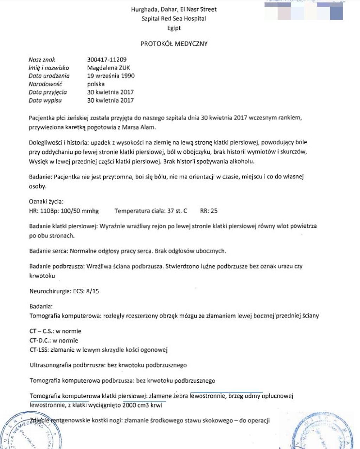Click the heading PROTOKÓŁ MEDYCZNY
pos(174,44)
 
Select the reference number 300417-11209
pos(107,60)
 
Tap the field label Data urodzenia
pos(49,76)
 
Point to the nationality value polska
pos(96,84)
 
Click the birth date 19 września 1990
pos(111,76)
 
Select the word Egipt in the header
pos(174,28)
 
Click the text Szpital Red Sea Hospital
pos(174,19)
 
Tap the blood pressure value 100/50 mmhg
pos(84,211)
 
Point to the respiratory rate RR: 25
pos(209,211)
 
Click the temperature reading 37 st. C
pos(177,211)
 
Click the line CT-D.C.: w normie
pos(54,340)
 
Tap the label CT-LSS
pos(39,350)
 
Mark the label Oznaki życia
pos(46,202)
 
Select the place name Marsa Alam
pos(138,127)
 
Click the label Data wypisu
pos(45,100)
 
